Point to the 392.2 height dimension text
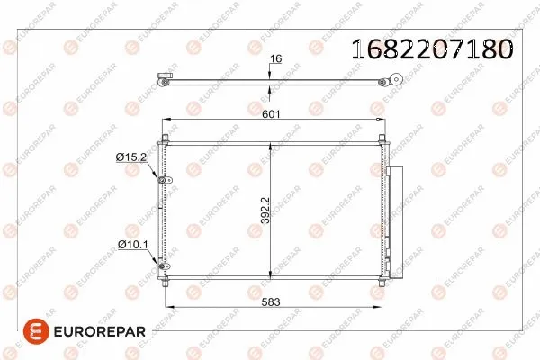click(x=265, y=212)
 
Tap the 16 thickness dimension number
click(x=276, y=58)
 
